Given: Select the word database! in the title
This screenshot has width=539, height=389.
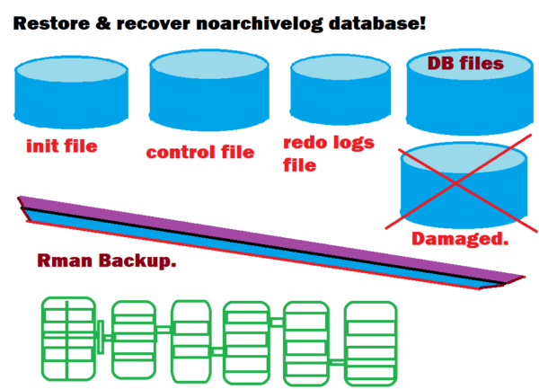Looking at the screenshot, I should [x=368, y=21].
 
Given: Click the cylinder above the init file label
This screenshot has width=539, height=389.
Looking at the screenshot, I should [x=70, y=93].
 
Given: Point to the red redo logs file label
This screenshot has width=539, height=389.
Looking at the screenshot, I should [x=328, y=154].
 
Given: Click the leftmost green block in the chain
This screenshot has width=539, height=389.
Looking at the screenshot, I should [x=68, y=338].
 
